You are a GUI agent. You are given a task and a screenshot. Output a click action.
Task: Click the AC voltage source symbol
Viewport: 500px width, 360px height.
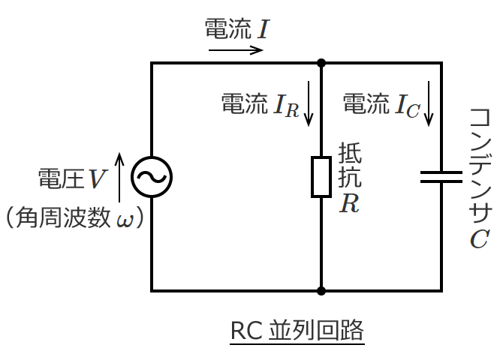coord(152,177)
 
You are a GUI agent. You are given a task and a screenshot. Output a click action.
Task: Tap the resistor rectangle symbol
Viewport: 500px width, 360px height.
coord(321,177)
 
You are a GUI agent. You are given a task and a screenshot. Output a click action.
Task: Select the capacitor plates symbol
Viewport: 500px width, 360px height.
coord(441,177)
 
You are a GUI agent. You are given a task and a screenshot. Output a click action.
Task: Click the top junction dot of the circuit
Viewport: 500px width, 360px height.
coord(321,63)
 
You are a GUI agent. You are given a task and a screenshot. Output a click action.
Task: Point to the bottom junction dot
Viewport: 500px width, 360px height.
coord(321,290)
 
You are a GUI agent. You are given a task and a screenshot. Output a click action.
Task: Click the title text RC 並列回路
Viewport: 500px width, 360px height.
coord(297,330)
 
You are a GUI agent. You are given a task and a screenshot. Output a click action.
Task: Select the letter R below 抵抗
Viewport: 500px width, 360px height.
coord(349,204)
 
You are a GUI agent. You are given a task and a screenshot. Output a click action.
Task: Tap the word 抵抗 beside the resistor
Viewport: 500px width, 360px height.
coord(350,166)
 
